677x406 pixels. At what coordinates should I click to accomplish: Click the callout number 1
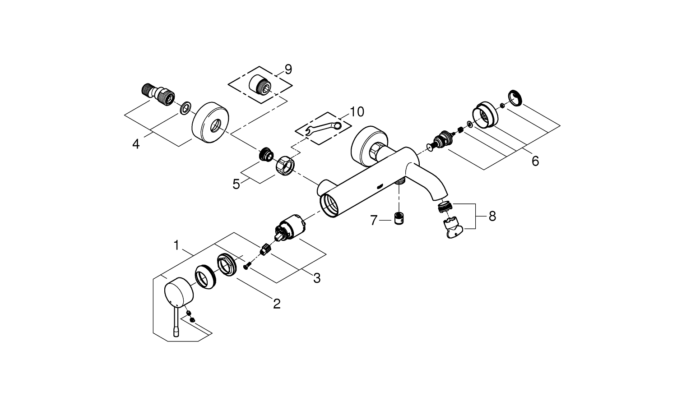pos(178,245)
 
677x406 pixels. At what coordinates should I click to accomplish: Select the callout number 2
pos(276,304)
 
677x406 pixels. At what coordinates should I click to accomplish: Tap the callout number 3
pos(317,278)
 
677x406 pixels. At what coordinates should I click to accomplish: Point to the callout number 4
pos(136,144)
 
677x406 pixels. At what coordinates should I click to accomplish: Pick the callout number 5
pos(236,184)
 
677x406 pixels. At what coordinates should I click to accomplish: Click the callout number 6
pos(535,161)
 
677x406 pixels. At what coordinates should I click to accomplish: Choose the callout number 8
pos(492,217)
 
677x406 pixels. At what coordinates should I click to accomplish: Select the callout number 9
pos(288,69)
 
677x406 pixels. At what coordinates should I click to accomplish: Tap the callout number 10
pos(356,111)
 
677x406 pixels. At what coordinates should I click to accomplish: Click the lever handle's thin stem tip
pos(176,334)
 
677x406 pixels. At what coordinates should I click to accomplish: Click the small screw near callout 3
pos(246,267)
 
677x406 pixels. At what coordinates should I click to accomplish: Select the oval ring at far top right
pos(515,98)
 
